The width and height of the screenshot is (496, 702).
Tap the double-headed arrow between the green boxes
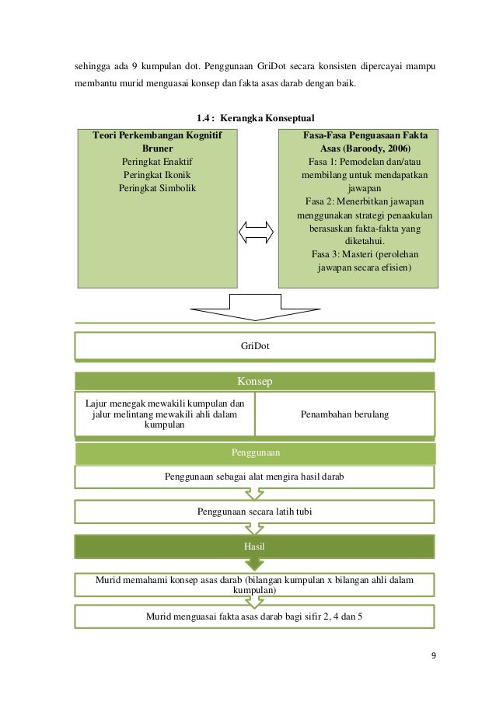coord(257,232)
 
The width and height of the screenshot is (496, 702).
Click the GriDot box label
coord(254,346)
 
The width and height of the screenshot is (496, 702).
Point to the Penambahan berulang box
coord(344,415)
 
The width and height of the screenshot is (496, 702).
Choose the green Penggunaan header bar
coord(254,452)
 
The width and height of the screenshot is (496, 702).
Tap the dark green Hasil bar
coord(254,547)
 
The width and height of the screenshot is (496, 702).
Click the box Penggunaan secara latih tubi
coord(254,511)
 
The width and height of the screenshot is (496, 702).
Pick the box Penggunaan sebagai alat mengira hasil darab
coord(254,476)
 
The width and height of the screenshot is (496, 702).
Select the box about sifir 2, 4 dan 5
coord(254,616)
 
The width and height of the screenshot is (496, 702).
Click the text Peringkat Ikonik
coord(158,174)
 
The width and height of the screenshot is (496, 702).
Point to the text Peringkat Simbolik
coord(158,188)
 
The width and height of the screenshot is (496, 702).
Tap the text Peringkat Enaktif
coord(158,161)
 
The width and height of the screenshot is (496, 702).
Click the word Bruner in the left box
coord(158,148)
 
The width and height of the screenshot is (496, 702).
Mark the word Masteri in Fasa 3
coord(353,254)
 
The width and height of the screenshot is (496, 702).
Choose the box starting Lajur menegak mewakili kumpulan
coord(164,415)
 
